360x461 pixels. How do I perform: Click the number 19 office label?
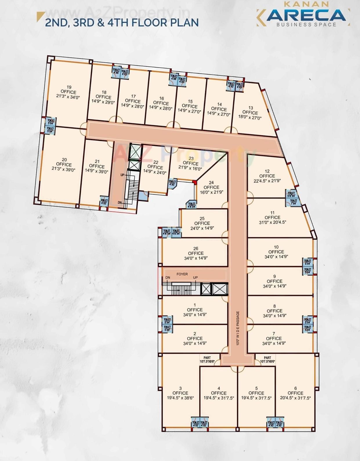(69, 87)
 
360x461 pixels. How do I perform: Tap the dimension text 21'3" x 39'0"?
(64, 169)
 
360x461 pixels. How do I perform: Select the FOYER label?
(182, 274)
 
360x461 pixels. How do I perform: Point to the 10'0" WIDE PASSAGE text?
(238, 328)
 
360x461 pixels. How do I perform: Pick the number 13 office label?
(251, 108)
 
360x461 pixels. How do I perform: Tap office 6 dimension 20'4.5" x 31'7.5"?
(295, 398)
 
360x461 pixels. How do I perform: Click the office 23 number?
(191, 158)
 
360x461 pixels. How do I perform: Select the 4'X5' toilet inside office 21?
(104, 201)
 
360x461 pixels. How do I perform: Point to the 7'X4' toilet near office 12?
(293, 202)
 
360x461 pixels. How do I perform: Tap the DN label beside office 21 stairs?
(120, 203)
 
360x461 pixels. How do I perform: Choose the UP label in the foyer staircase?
(196, 278)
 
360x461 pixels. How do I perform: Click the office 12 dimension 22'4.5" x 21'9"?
(267, 181)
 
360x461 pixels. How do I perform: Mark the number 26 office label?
(196, 248)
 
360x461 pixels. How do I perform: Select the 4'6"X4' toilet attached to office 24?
(192, 205)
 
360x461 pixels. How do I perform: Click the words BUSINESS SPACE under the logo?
(306, 25)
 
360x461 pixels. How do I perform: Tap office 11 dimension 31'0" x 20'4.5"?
(272, 222)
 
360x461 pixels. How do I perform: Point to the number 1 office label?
(195, 305)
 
